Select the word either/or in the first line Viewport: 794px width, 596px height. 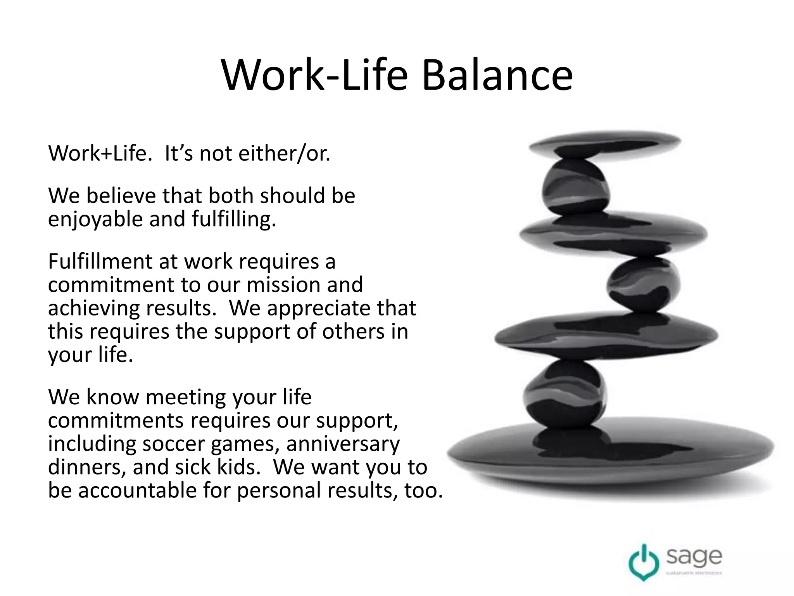(x=284, y=153)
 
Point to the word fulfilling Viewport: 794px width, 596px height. (x=233, y=220)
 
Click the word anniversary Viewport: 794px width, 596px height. (x=343, y=444)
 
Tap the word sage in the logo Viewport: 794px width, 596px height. (x=694, y=557)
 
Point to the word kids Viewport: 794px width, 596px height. (x=238, y=467)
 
